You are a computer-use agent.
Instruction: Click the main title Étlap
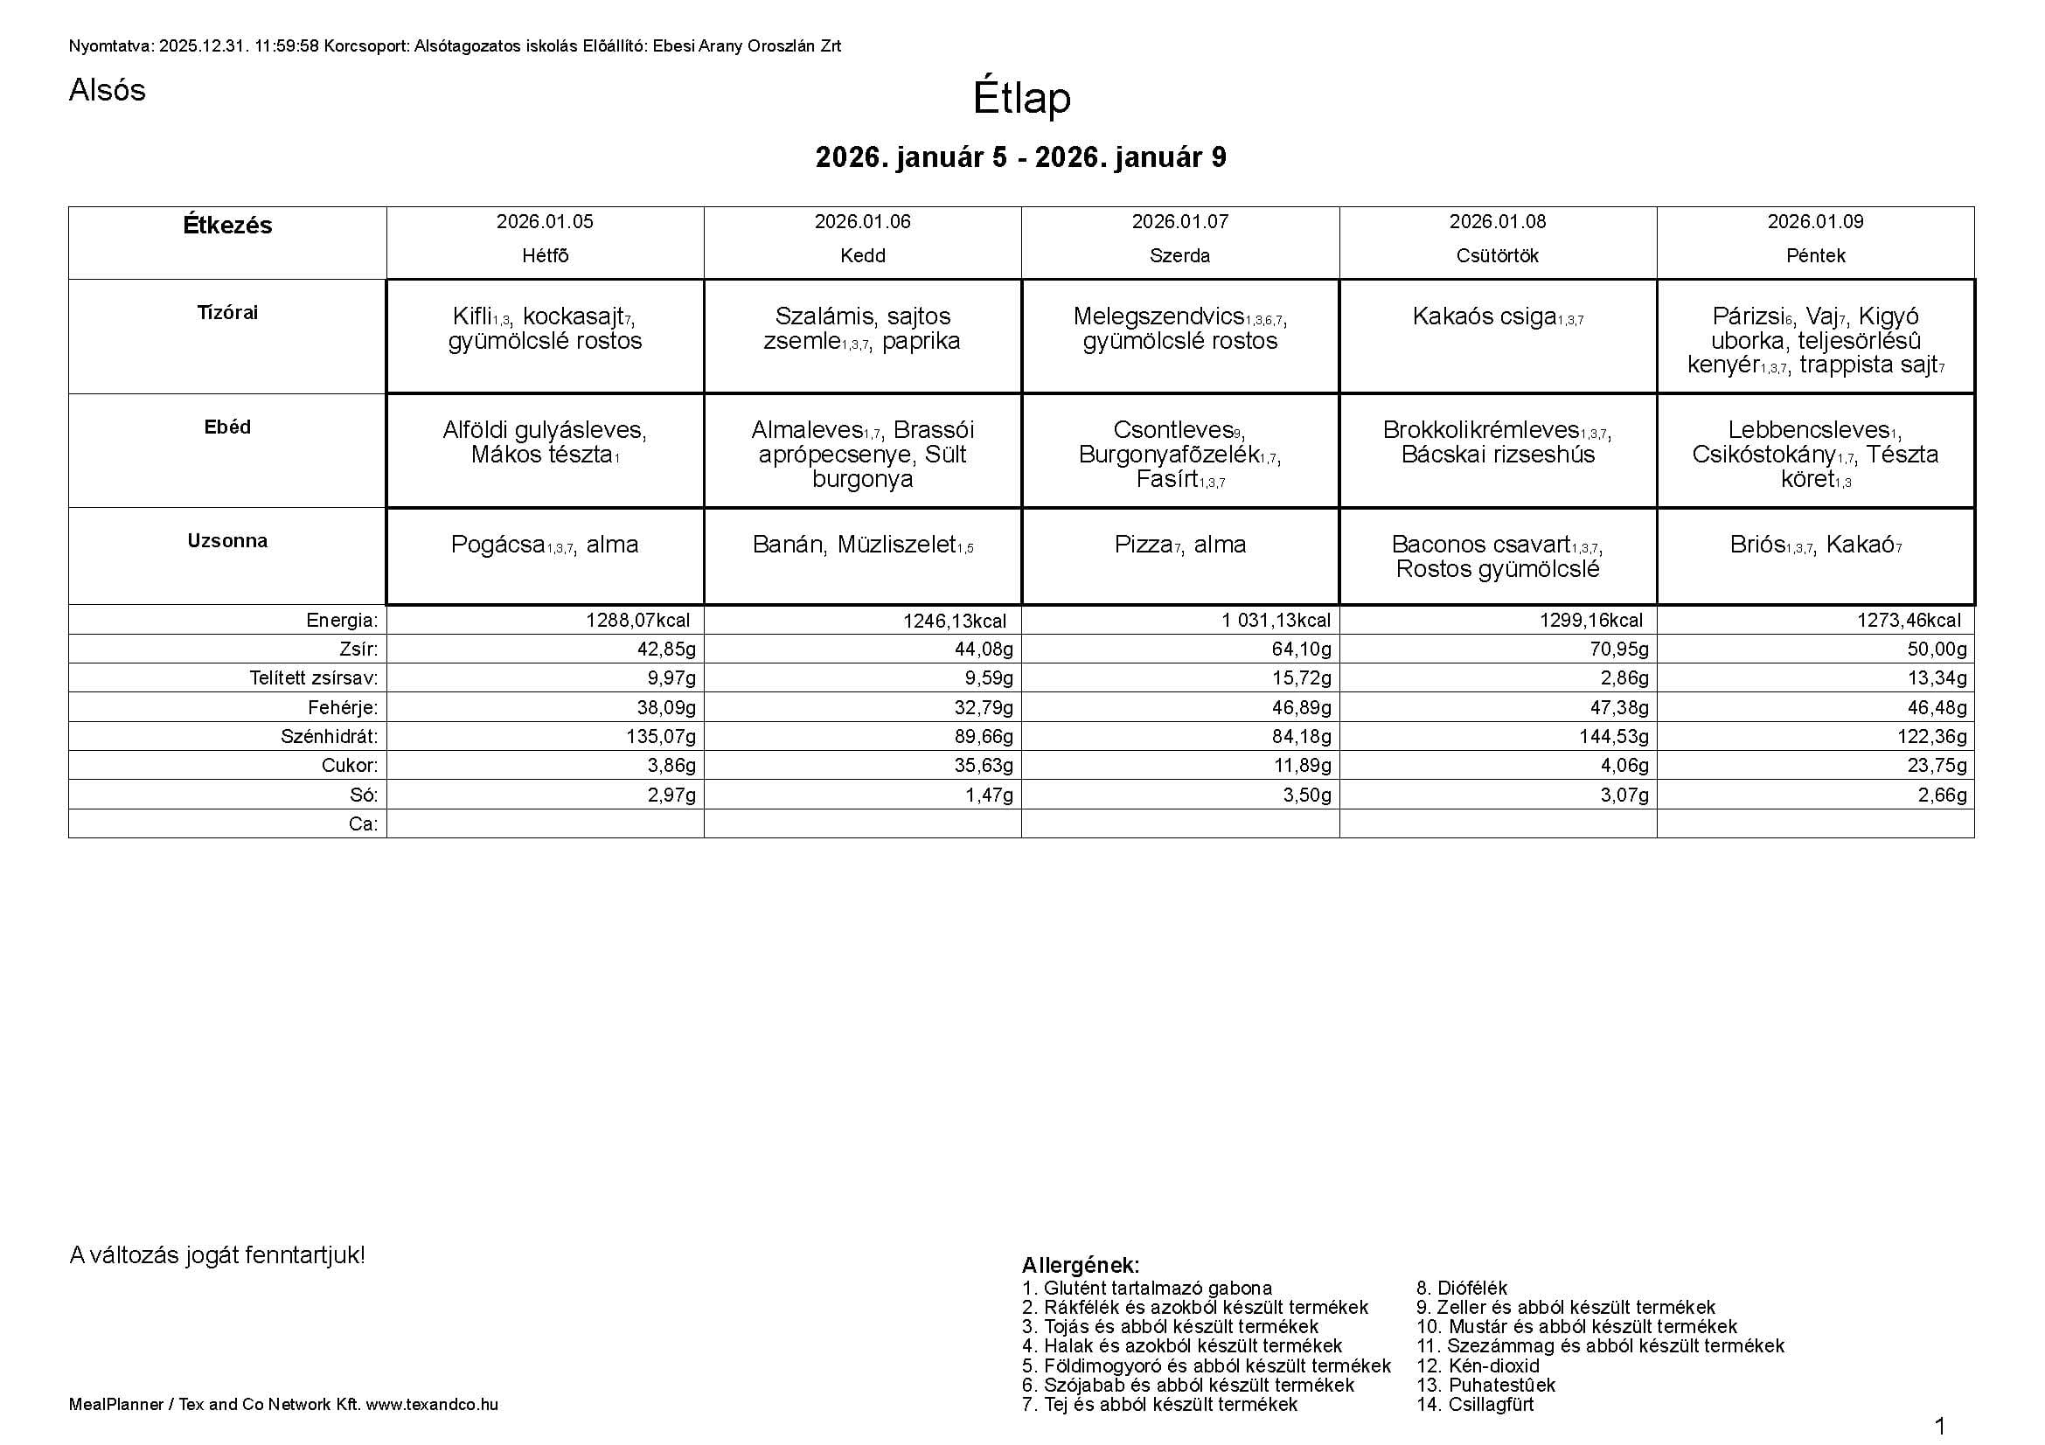coord(1020,97)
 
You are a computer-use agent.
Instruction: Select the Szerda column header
coord(1179,256)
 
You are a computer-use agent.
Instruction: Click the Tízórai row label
coord(227,312)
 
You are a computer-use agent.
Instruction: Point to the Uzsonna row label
coord(227,540)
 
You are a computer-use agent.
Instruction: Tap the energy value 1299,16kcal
coord(1590,621)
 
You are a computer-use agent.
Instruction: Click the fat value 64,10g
coord(1301,649)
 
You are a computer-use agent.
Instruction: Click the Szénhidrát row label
coord(329,737)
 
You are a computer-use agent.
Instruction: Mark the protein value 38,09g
coord(665,708)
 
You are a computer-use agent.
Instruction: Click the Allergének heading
coord(1080,1265)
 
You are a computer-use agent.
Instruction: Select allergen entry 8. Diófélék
coord(1462,1288)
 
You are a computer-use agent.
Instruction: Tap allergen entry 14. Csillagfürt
coord(1475,1404)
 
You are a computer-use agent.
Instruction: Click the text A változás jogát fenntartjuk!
coord(218,1255)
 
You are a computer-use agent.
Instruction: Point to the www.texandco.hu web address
coord(432,1405)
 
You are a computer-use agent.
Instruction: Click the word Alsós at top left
coord(107,90)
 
